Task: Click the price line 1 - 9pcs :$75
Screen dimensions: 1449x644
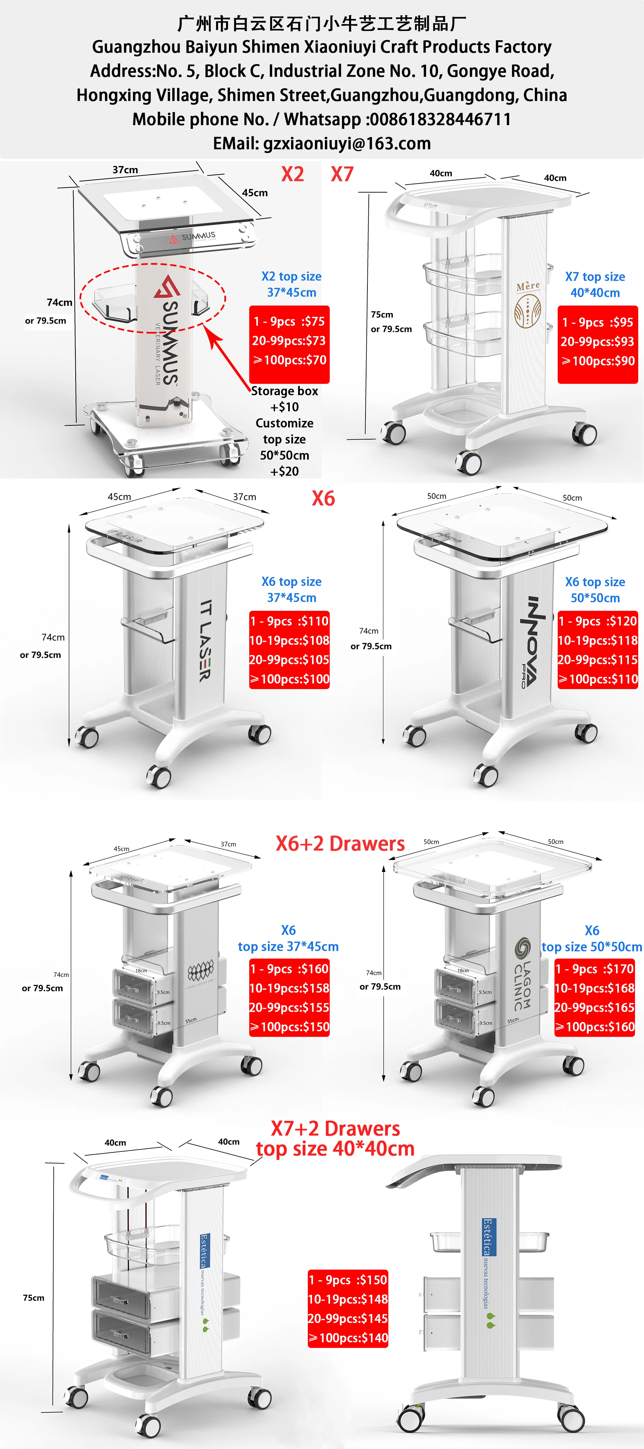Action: coord(289,322)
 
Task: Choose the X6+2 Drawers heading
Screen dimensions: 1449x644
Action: coord(340,844)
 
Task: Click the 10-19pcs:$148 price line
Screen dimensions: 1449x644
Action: coord(347,1299)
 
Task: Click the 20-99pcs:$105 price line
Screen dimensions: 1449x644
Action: coord(289,660)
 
